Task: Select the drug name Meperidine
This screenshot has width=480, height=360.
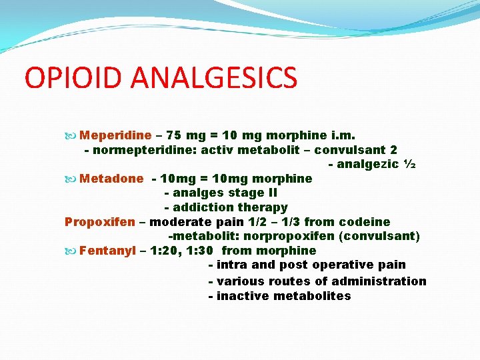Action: (115, 135)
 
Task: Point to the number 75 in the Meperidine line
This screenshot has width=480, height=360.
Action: (173, 135)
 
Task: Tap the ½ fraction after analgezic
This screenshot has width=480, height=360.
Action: (410, 164)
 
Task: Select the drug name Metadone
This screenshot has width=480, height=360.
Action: (111, 179)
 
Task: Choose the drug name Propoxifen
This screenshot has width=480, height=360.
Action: (99, 222)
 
